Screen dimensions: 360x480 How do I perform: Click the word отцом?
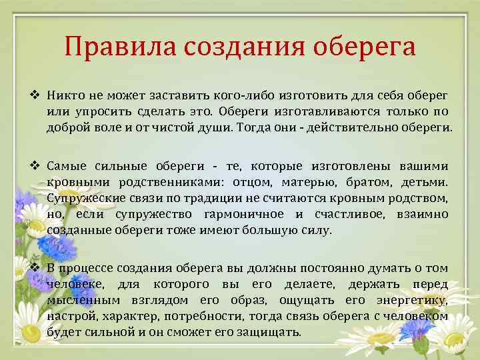(252, 182)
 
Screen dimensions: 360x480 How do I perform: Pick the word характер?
(115, 317)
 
